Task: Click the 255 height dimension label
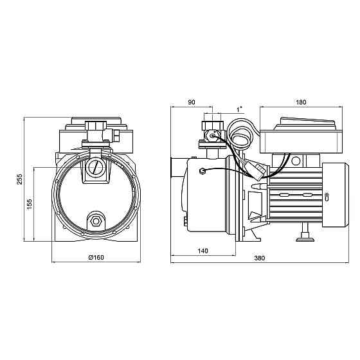pos(20,179)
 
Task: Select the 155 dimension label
pos(30,204)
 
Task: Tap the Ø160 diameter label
pos(96,257)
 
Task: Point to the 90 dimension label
pos(192,102)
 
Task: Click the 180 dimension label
pos(301,102)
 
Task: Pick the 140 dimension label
pos(203,251)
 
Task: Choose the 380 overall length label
pos(260,258)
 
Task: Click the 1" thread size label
pos(239,110)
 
